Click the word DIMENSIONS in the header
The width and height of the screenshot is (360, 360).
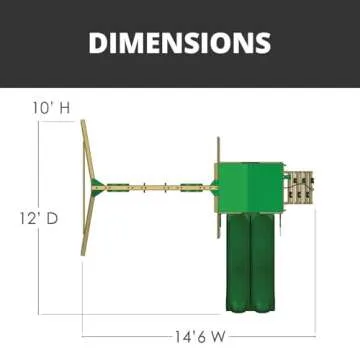180,43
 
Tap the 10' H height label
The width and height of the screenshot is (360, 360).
51,108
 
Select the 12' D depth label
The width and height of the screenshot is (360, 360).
39,219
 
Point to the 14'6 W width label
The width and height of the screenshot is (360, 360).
200,337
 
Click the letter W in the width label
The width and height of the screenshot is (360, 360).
218,337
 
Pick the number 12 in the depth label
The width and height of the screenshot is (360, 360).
26,219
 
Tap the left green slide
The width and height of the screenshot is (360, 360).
238,262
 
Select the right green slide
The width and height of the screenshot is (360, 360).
263,262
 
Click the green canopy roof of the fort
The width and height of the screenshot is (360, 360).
250,187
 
